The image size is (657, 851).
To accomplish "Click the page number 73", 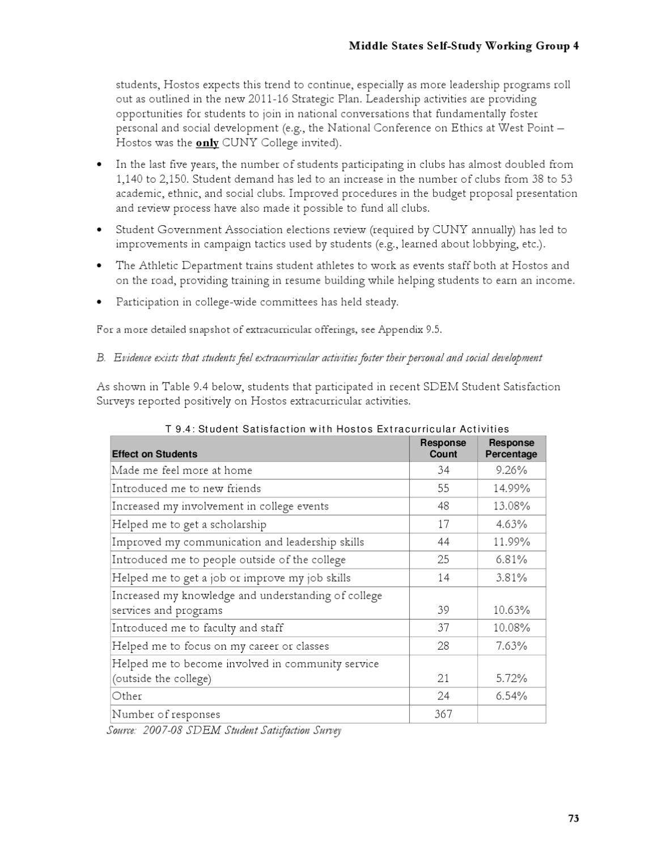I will pos(573,818).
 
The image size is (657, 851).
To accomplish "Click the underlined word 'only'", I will pos(207,143).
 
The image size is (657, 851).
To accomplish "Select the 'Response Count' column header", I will pos(443,448).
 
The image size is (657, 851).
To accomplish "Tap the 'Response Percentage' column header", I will pos(511,448).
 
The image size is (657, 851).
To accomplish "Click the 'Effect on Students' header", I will pos(155,454).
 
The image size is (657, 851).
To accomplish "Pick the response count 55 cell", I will pos(443,488).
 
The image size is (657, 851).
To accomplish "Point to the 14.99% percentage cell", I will pos(511,488).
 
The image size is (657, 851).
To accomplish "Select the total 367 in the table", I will pos(443,714).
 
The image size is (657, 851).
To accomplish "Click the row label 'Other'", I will pos(127,696).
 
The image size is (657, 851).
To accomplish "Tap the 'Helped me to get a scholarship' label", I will pos(189,524).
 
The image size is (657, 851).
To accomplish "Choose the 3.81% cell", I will pos(511,578).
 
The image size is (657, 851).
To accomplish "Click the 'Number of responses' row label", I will pos(166,714).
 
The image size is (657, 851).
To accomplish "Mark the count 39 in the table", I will pos(443,610).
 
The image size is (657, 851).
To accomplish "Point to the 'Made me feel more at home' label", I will pos(181,470).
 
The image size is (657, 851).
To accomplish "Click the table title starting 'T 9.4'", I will pos(337,429).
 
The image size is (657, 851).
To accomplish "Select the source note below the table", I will pos(224,730).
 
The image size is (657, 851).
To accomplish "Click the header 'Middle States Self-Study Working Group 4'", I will pos(463,46).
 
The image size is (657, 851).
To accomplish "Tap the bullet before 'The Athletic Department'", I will pos(100,266).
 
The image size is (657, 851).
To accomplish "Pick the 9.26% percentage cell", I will pos(511,470).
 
